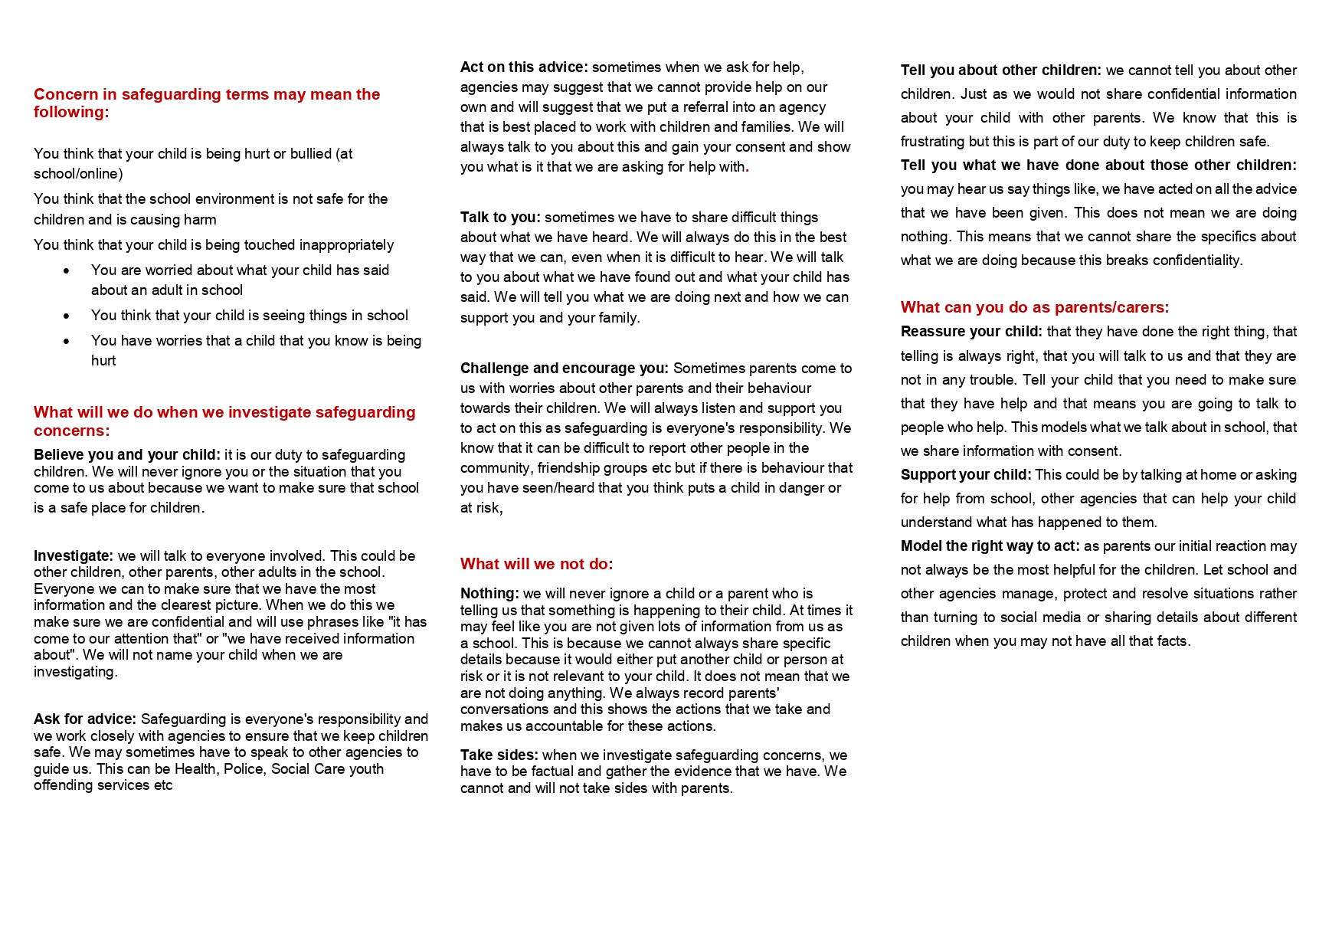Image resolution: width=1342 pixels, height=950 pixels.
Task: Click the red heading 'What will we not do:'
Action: (x=536, y=565)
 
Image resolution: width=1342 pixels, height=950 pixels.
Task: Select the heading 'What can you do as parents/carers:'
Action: (x=1034, y=307)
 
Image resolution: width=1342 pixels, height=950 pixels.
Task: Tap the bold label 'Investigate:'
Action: (x=74, y=556)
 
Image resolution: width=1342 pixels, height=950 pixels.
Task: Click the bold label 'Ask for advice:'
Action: (x=85, y=719)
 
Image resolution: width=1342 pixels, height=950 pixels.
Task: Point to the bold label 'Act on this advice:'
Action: (x=524, y=67)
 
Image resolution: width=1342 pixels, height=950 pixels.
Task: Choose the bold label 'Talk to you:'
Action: (x=500, y=218)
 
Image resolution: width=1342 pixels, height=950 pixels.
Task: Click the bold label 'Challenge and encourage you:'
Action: (x=565, y=369)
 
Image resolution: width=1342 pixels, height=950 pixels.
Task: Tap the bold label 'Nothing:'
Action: (x=489, y=594)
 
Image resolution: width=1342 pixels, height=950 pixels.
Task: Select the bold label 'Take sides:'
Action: (x=499, y=755)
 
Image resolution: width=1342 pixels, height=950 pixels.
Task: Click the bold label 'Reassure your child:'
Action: (x=971, y=332)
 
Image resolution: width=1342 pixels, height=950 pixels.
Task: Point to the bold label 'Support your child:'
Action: (x=966, y=475)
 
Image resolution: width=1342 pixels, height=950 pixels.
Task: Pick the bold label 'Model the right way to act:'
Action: (x=990, y=546)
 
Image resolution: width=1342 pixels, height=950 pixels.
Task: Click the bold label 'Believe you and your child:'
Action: (x=127, y=455)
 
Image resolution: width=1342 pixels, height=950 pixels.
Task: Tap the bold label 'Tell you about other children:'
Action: (x=1001, y=70)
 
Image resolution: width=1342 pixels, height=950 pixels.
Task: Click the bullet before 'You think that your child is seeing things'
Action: (x=67, y=316)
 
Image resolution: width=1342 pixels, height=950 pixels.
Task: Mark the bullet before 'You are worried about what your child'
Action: (x=67, y=271)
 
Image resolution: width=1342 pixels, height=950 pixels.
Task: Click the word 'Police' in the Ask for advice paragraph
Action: (x=244, y=769)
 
